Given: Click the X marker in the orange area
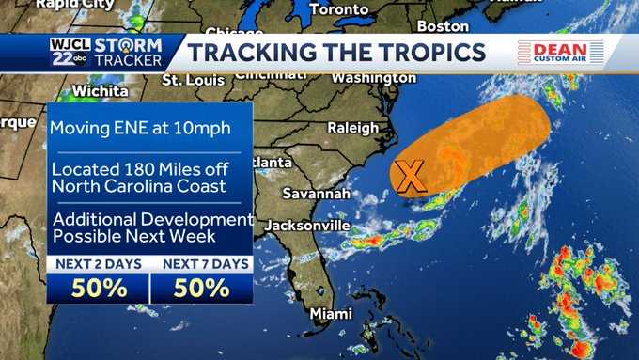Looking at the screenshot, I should point(409,174).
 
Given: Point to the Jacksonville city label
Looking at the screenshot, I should point(306,226).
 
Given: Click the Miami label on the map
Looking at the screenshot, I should point(332,313).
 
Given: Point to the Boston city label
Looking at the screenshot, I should point(442,25).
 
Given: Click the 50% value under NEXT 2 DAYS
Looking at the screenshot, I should point(99,288).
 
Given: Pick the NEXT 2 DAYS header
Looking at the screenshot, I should point(98,264).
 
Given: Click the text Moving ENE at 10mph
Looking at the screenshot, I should point(140,128).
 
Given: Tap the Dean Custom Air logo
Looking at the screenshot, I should point(559,53).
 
